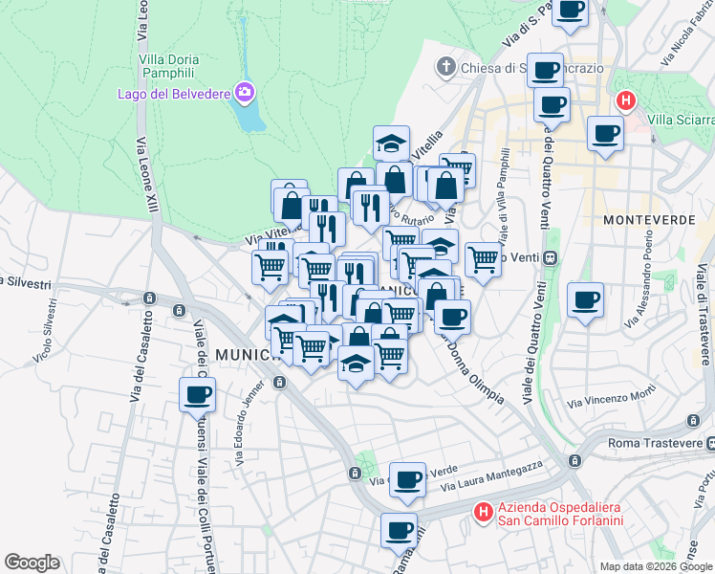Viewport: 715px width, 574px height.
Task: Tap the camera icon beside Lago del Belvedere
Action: click(246, 92)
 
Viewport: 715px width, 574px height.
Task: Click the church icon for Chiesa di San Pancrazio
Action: click(445, 67)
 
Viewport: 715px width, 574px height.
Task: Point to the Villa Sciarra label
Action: click(680, 120)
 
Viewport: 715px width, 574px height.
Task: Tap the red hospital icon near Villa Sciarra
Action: click(626, 99)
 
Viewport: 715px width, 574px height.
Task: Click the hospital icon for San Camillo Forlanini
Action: click(484, 514)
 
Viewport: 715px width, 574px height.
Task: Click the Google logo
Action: click(32, 563)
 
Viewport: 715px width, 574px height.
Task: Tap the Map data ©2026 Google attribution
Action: click(657, 566)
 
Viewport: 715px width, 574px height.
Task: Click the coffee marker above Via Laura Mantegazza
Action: click(407, 480)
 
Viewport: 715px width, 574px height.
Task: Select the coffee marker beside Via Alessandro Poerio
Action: click(585, 300)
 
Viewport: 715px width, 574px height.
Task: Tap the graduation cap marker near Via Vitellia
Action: click(391, 143)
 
